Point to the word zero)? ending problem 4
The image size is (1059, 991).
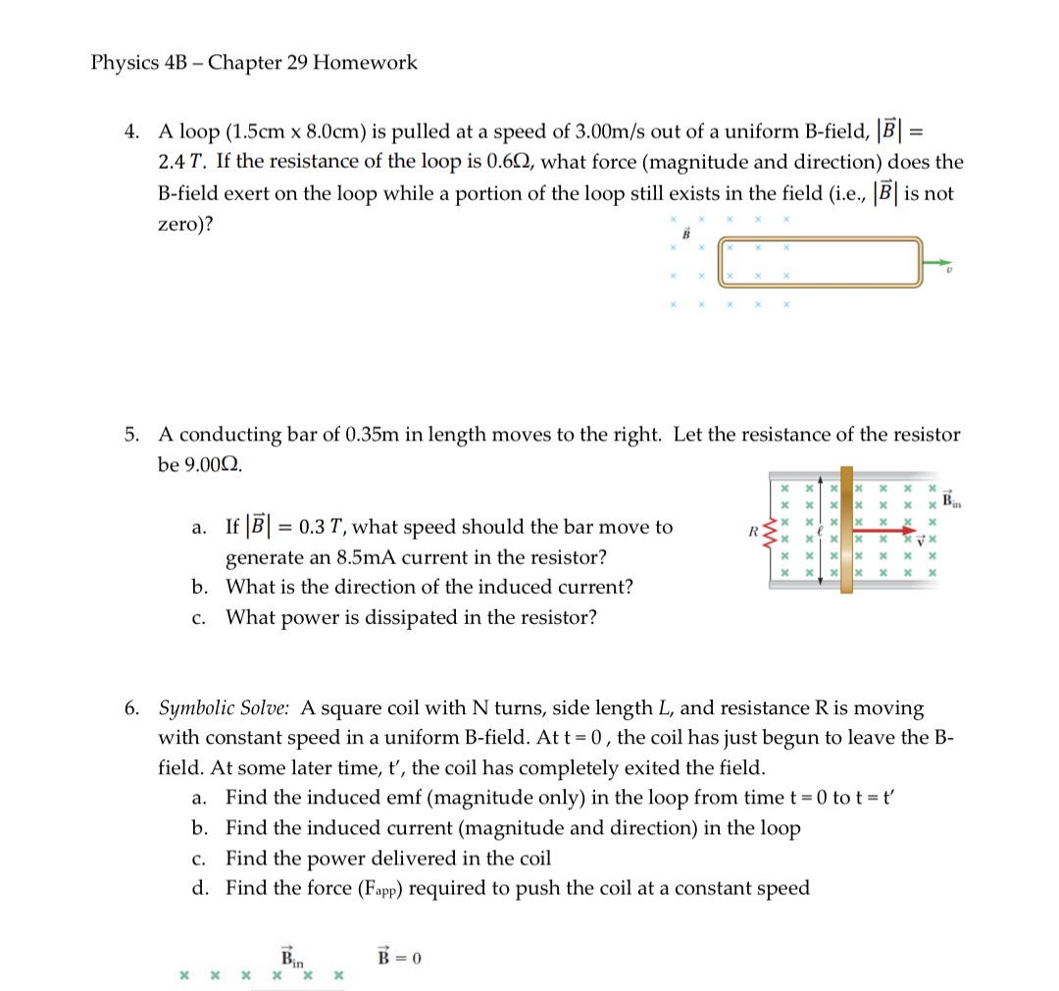186,225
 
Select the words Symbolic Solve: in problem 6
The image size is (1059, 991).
224,707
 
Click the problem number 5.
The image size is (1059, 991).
131,434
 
